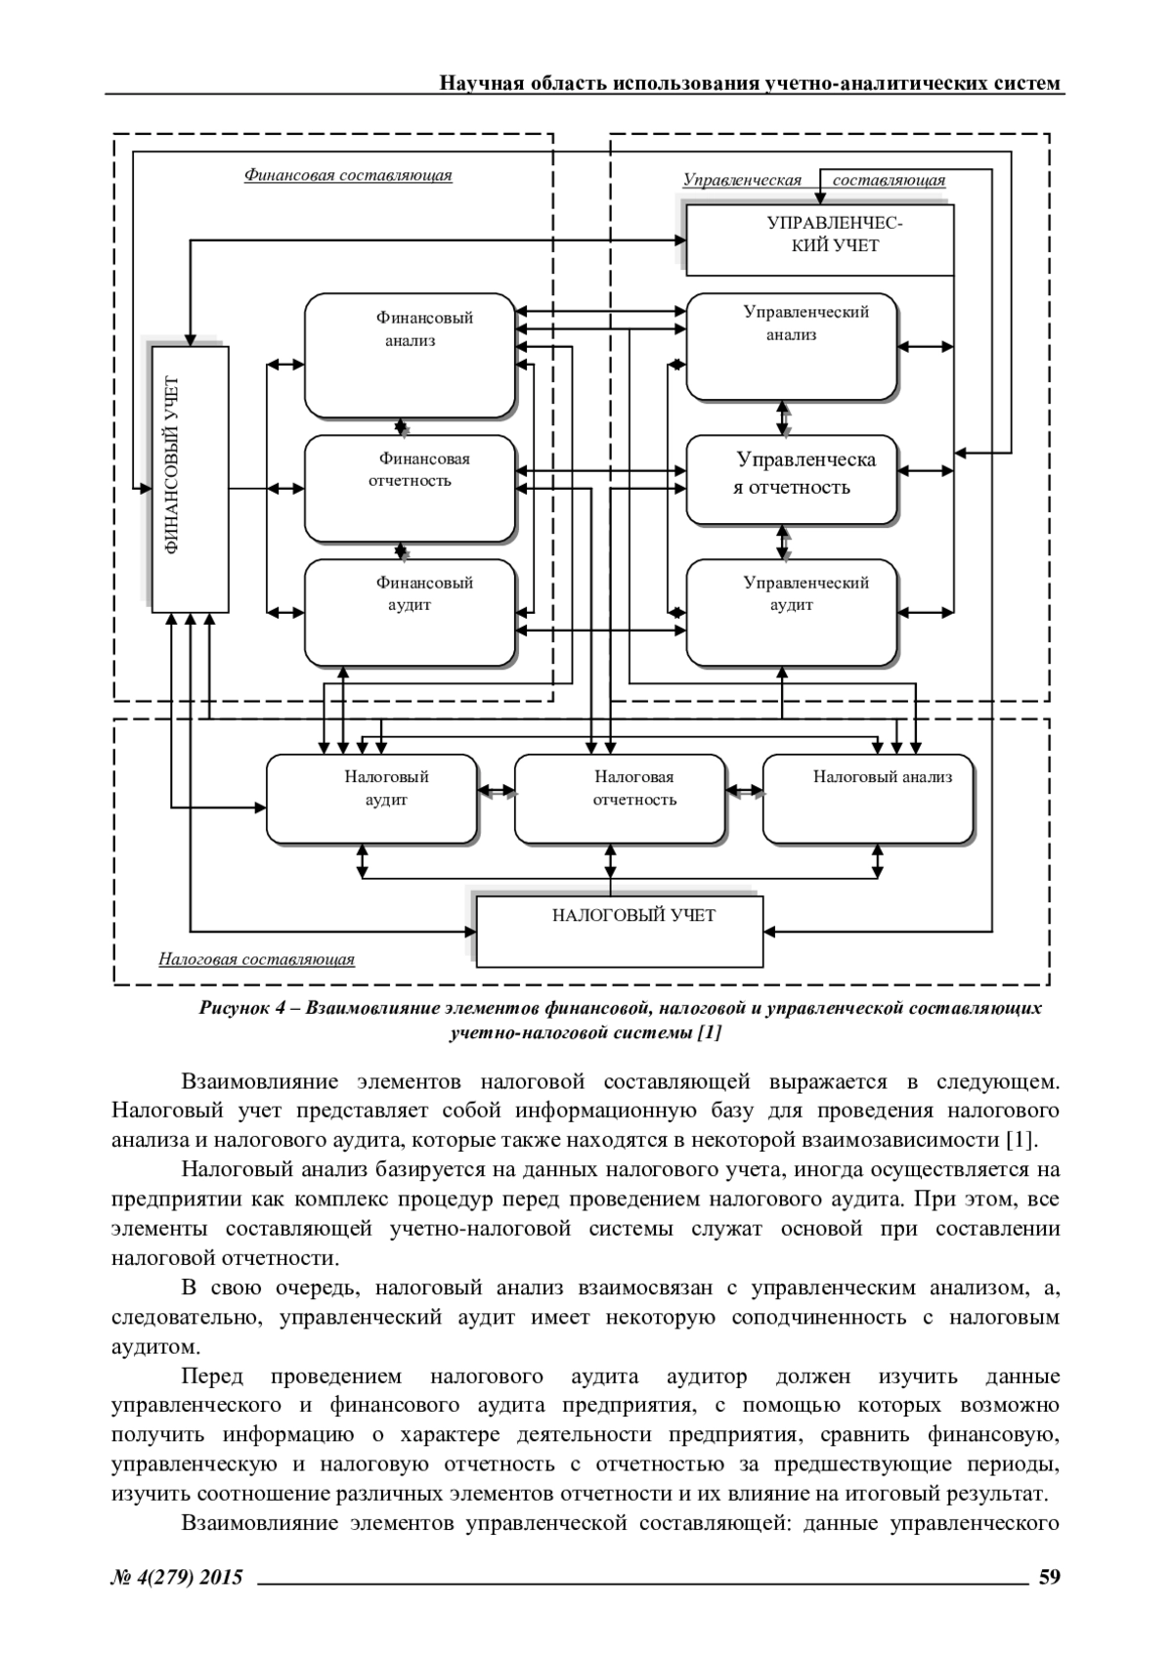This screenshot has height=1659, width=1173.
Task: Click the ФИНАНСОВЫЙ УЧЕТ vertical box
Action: [x=190, y=478]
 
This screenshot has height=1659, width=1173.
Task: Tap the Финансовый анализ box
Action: [x=410, y=355]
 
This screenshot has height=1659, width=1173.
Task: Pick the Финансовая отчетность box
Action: [x=410, y=488]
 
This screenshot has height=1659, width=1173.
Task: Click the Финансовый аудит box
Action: [x=410, y=612]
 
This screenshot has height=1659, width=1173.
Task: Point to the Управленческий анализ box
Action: [x=791, y=346]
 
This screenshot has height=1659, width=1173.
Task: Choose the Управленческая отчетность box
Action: [x=791, y=479]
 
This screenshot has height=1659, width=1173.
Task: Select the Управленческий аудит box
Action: [x=791, y=612]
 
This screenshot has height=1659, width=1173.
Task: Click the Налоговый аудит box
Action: [x=372, y=798]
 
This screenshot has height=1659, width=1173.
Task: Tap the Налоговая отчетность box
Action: [x=621, y=798]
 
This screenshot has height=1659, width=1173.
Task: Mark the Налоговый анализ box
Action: [x=868, y=798]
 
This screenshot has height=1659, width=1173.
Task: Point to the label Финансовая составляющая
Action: [x=347, y=176]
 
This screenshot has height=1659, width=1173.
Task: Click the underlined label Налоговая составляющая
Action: [x=256, y=959]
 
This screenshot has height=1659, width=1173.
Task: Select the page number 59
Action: [x=1050, y=1576]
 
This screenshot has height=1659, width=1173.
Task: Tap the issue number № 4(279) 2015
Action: [x=177, y=1576]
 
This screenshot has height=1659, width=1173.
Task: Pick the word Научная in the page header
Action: [x=474, y=83]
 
